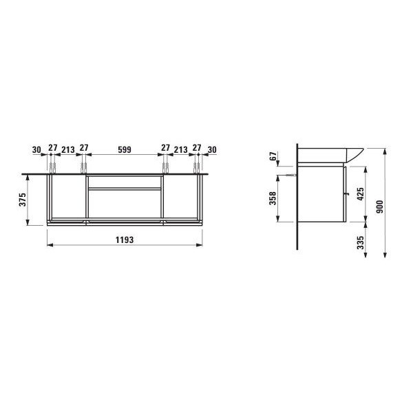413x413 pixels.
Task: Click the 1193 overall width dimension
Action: click(x=125, y=240)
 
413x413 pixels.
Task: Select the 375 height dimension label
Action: click(x=23, y=200)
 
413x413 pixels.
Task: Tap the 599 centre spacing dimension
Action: click(x=125, y=149)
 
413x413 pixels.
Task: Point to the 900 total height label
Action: click(x=379, y=206)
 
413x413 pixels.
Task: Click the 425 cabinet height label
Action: click(x=360, y=194)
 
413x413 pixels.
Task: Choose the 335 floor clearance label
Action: click(x=360, y=242)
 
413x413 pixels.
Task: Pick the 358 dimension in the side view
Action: click(x=273, y=198)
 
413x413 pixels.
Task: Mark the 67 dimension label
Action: click(x=273, y=156)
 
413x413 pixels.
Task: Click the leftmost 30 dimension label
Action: click(x=36, y=150)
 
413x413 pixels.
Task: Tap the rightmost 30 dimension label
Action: click(x=212, y=150)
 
